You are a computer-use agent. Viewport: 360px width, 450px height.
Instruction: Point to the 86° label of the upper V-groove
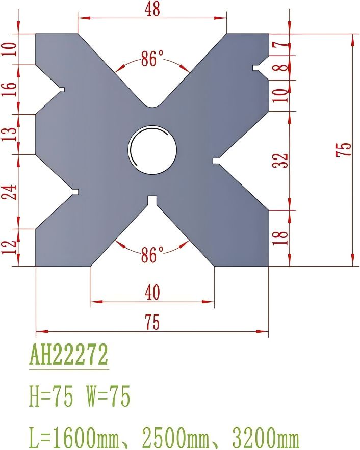coord(152,60)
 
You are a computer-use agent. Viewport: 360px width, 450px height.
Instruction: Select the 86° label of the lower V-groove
coord(152,254)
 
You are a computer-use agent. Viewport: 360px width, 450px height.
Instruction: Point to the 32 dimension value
coord(281,160)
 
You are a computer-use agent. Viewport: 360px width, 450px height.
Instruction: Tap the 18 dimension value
coord(280,237)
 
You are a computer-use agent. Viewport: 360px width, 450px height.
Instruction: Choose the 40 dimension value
coord(152,293)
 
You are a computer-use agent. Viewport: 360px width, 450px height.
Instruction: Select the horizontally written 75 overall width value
coord(152,322)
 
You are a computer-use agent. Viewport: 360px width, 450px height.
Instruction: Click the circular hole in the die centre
coord(152,149)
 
